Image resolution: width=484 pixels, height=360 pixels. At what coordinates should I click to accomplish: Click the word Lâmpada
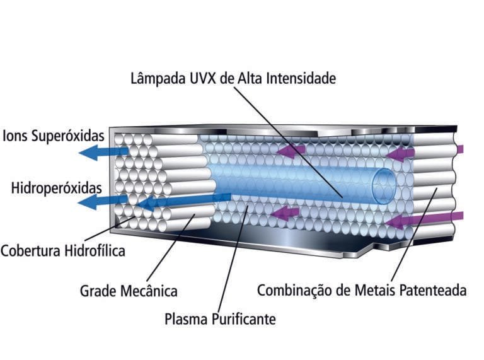[x=157, y=79]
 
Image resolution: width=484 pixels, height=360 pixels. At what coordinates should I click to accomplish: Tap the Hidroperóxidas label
[x=56, y=188]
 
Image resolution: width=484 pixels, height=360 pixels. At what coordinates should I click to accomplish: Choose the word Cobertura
[x=32, y=251]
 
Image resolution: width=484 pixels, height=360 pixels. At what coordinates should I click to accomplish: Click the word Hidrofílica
[x=95, y=251]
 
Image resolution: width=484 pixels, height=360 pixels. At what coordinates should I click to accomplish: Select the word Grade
[x=97, y=291]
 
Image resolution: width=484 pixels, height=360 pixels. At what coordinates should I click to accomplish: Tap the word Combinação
[x=293, y=291]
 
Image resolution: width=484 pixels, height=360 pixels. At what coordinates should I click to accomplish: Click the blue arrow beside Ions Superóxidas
[x=104, y=152]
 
